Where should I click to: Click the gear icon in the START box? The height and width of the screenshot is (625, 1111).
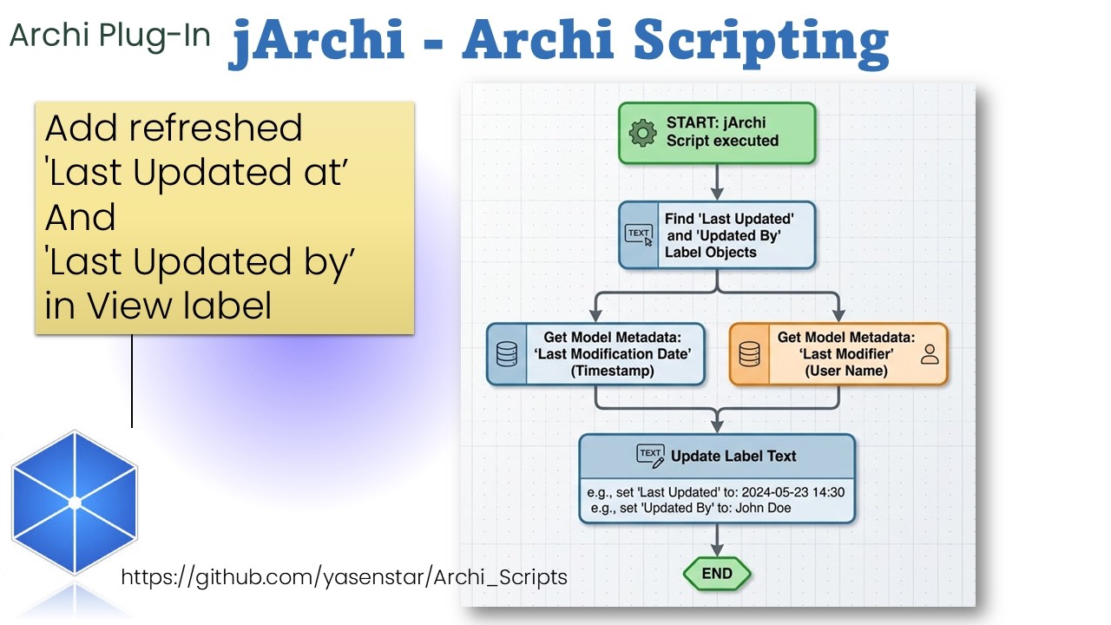point(642,133)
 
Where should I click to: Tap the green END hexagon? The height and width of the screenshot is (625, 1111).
point(717,574)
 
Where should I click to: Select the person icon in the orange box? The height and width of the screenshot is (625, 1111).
point(930,353)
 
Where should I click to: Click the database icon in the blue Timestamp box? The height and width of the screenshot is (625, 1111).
point(507,354)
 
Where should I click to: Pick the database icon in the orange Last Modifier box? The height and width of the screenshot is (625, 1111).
point(749,354)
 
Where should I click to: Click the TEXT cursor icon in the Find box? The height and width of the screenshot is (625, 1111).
point(640,234)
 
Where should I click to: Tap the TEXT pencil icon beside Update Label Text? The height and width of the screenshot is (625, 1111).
point(650,456)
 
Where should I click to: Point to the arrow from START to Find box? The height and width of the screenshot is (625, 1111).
point(717,182)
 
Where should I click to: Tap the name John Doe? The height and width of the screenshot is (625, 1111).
point(763,508)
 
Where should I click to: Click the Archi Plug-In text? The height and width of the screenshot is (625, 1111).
point(110,36)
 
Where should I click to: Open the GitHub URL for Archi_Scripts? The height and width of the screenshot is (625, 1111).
point(344,576)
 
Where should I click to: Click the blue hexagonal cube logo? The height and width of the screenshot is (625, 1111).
point(75,503)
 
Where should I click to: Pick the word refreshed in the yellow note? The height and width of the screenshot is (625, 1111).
point(215,128)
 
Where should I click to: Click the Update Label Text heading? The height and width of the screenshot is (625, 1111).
point(733,456)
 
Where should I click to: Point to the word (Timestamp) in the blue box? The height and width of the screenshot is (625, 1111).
point(612,371)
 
